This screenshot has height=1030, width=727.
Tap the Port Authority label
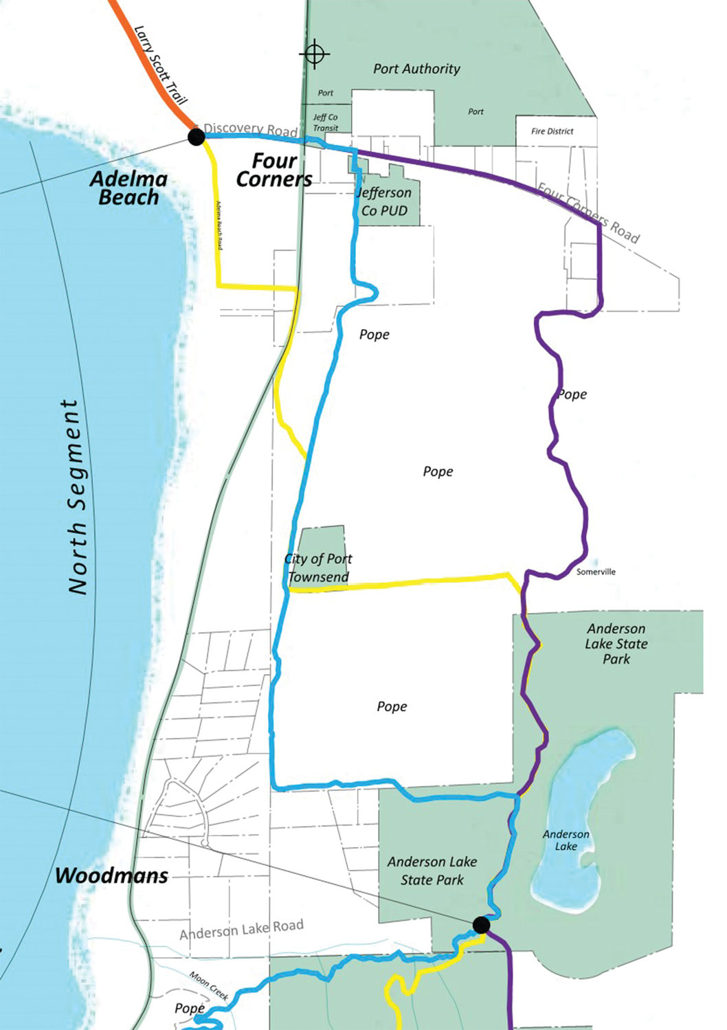416,69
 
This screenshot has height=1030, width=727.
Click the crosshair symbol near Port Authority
315,54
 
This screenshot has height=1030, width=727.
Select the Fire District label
552,131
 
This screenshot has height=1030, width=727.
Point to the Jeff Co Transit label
326,122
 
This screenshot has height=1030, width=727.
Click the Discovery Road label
251,129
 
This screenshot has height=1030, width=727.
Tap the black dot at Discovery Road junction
196,137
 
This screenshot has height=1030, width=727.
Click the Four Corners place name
274,170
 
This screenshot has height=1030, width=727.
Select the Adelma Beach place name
128,188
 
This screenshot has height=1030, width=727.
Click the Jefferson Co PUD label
385,201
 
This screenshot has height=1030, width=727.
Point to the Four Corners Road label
588,213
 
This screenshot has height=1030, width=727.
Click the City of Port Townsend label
318,568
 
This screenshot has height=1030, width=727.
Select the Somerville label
596,572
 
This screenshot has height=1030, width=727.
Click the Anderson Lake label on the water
566,840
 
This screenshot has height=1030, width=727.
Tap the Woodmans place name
111,875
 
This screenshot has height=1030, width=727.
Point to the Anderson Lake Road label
241,930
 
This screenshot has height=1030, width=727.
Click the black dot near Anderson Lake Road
481,925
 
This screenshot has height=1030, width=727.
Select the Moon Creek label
209,986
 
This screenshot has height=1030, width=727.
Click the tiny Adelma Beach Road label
219,225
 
